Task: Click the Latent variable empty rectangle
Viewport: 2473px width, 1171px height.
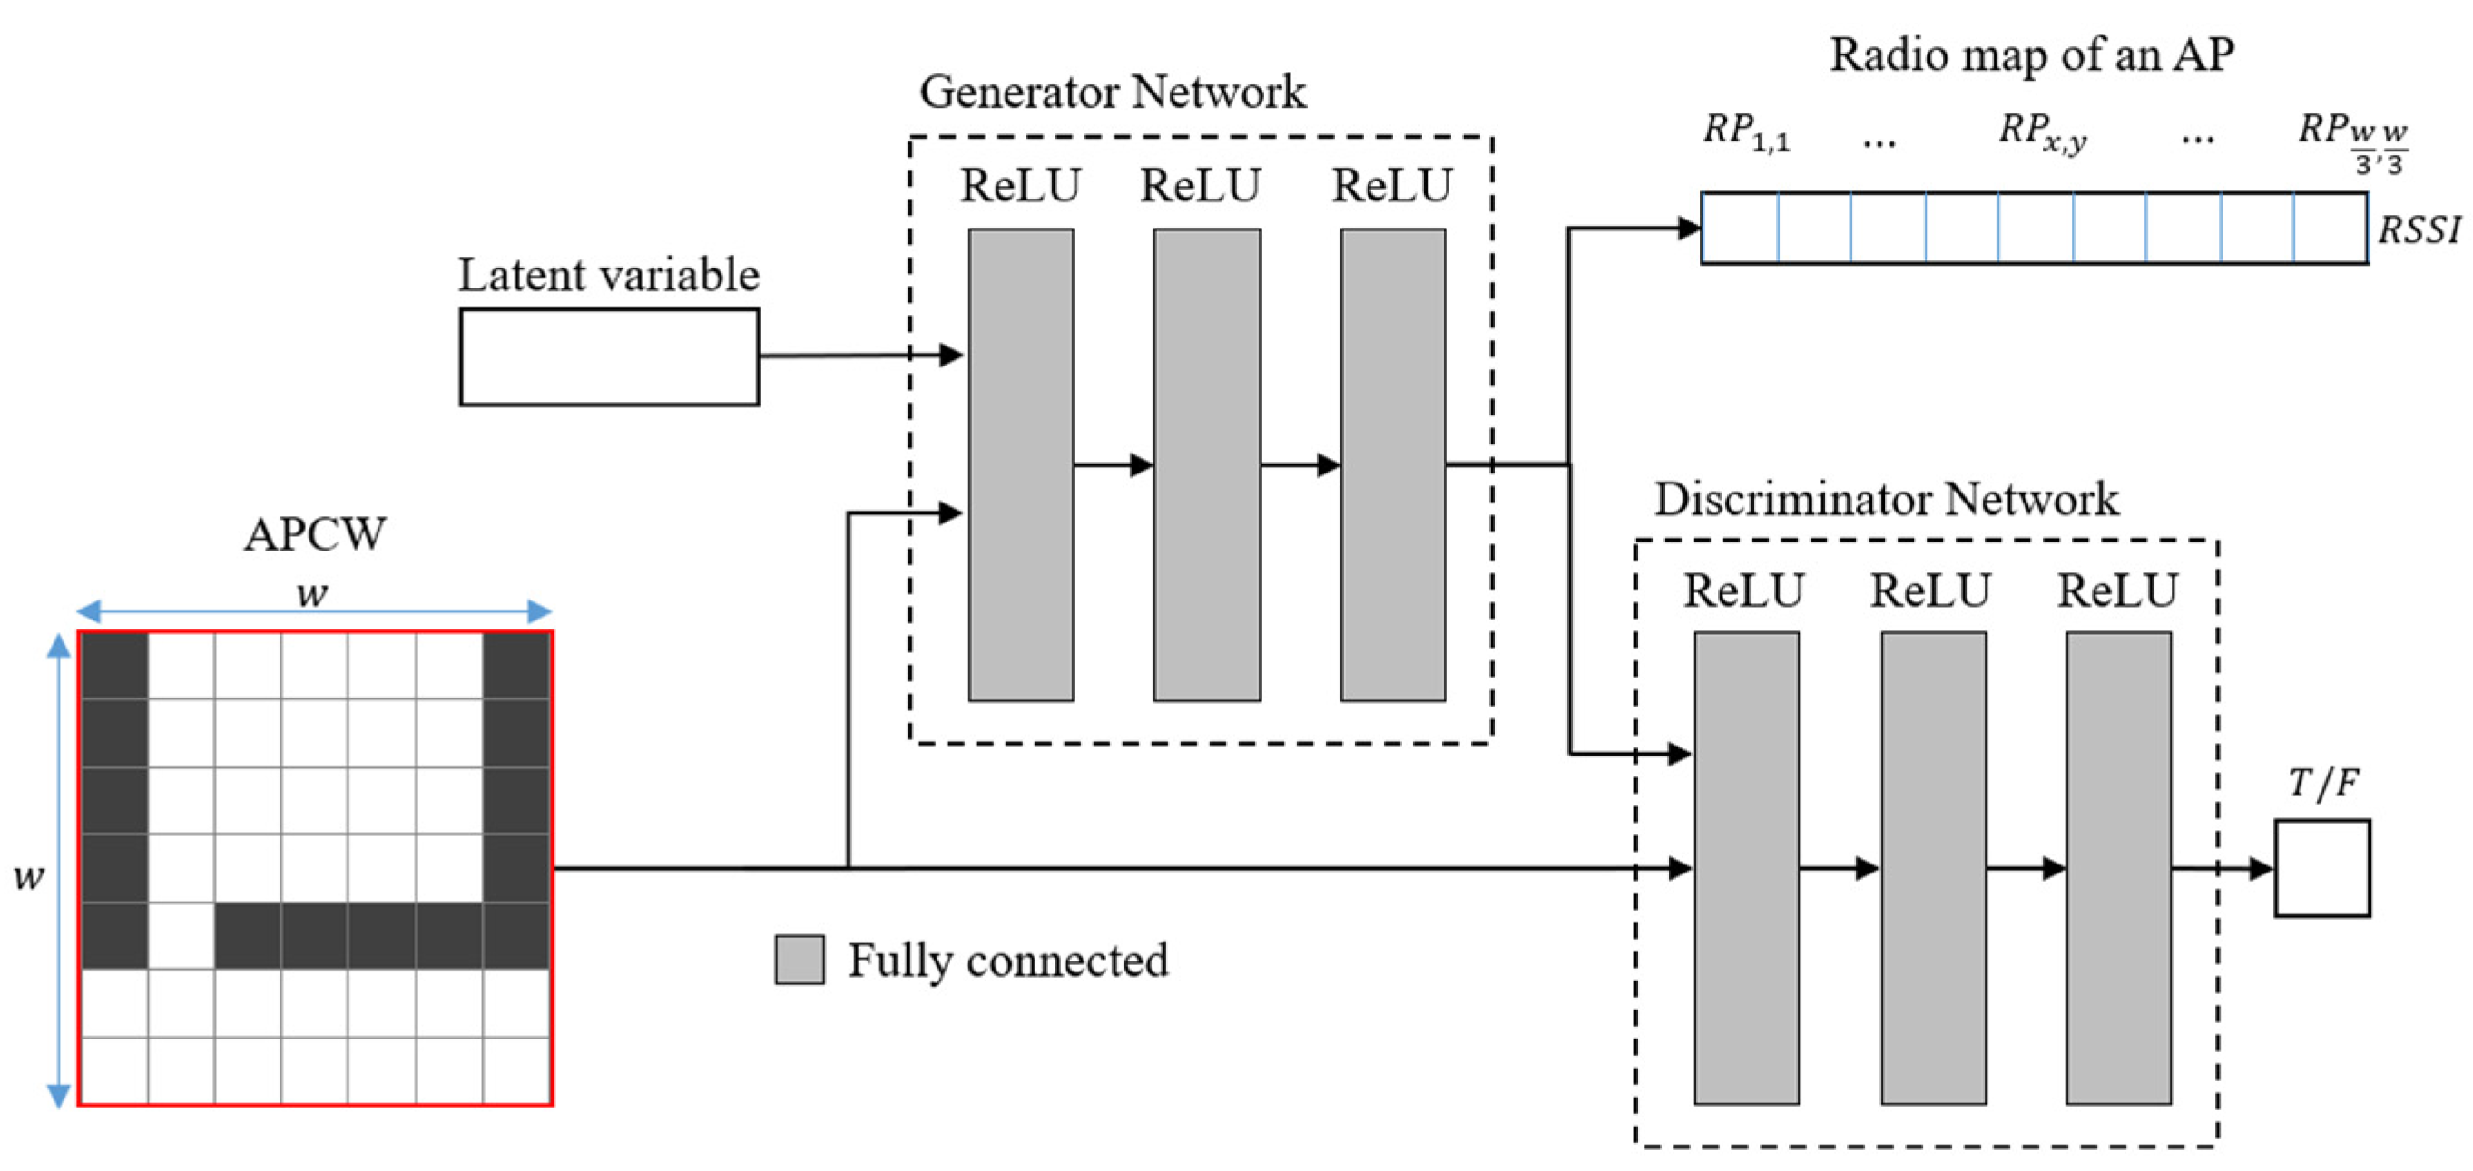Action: point(609,356)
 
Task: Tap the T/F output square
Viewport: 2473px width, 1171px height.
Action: point(2321,868)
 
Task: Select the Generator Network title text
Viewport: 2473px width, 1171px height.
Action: point(1112,93)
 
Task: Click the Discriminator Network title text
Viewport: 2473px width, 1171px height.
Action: point(1886,499)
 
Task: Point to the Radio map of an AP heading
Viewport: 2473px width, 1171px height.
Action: point(2031,54)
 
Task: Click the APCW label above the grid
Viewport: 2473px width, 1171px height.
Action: point(315,533)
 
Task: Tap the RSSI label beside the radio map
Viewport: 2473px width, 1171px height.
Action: point(2419,230)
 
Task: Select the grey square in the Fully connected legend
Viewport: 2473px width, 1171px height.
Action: point(799,959)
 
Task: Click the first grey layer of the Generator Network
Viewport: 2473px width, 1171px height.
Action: point(1020,464)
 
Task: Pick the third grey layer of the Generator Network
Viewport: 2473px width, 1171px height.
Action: point(1392,464)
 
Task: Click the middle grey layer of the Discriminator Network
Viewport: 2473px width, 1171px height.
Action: point(1932,868)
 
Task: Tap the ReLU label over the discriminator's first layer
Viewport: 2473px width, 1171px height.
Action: point(1743,590)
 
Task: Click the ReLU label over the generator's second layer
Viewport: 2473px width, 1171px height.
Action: point(1200,185)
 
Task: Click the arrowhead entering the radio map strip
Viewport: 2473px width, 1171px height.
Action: point(1690,229)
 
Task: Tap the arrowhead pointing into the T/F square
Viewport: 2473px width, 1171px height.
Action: point(2261,869)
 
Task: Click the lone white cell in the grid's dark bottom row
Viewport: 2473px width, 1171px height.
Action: point(182,935)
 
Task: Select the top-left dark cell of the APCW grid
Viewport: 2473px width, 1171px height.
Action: point(115,665)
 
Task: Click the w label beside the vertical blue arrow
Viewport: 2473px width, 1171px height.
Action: point(28,875)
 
